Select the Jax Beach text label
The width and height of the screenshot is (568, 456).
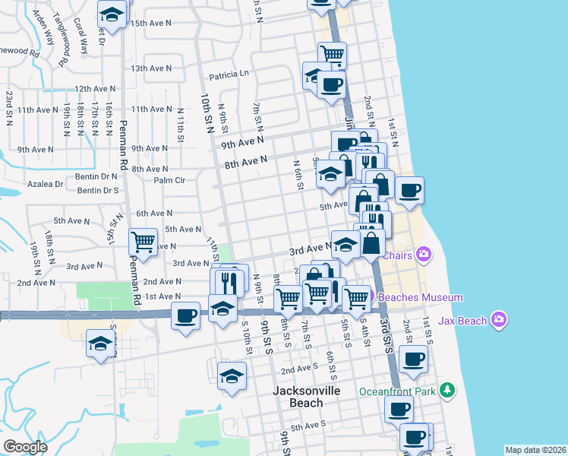[462, 321]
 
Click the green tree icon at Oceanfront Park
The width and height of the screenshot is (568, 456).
[448, 391]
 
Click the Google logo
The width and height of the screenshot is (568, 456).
[26, 447]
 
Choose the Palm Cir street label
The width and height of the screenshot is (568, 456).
[169, 181]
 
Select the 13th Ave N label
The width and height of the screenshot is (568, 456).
[151, 68]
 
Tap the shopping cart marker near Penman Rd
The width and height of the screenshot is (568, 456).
[143, 242]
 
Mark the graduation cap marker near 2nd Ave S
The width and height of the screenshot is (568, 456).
[232, 375]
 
